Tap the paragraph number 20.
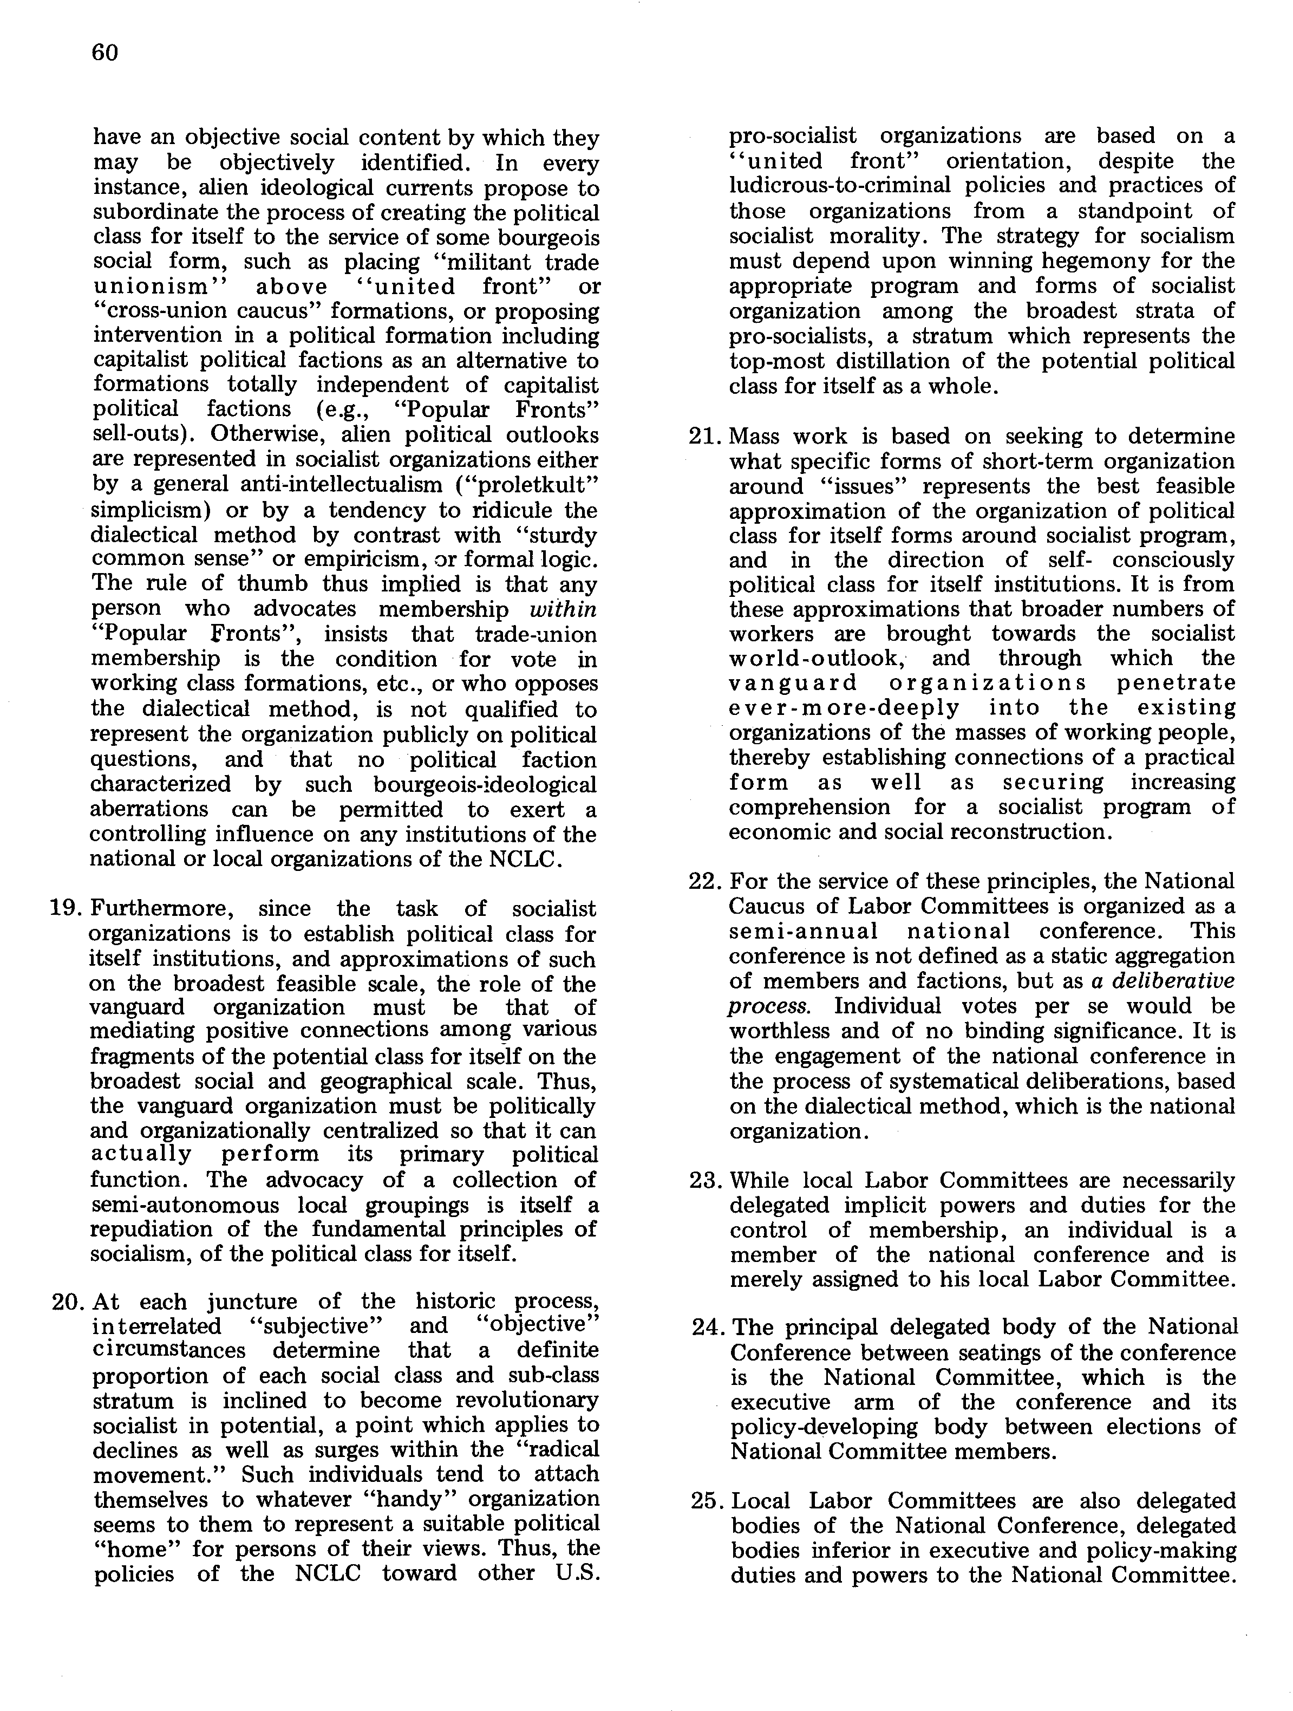tap(67, 1302)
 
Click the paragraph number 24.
tap(706, 1328)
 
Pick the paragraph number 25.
tap(706, 1501)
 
